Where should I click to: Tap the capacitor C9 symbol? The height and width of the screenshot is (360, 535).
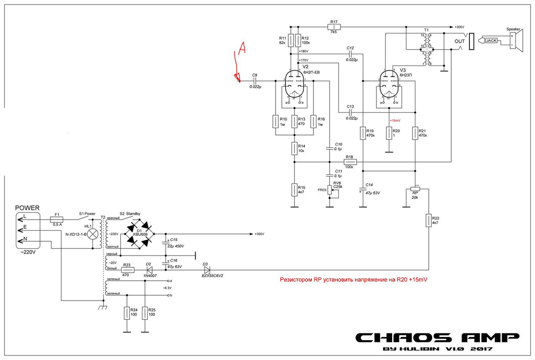[254, 81]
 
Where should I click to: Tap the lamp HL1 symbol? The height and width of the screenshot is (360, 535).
[92, 234]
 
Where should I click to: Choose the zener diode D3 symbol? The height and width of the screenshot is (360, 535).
[206, 270]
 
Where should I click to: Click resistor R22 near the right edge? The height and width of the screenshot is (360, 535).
[429, 220]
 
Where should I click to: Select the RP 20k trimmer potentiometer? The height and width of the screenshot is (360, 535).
[415, 189]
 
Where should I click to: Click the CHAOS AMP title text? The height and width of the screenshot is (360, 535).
[437, 337]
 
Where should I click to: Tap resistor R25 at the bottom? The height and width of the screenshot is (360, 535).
[145, 313]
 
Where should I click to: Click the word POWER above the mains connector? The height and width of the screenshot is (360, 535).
[27, 208]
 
